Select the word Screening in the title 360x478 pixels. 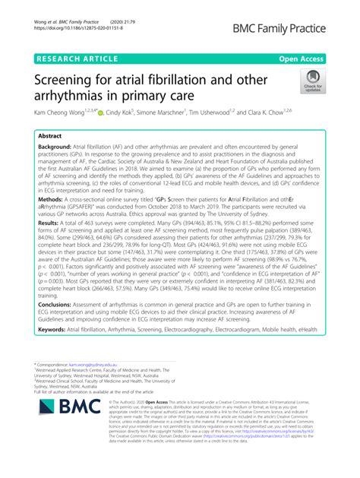69,79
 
